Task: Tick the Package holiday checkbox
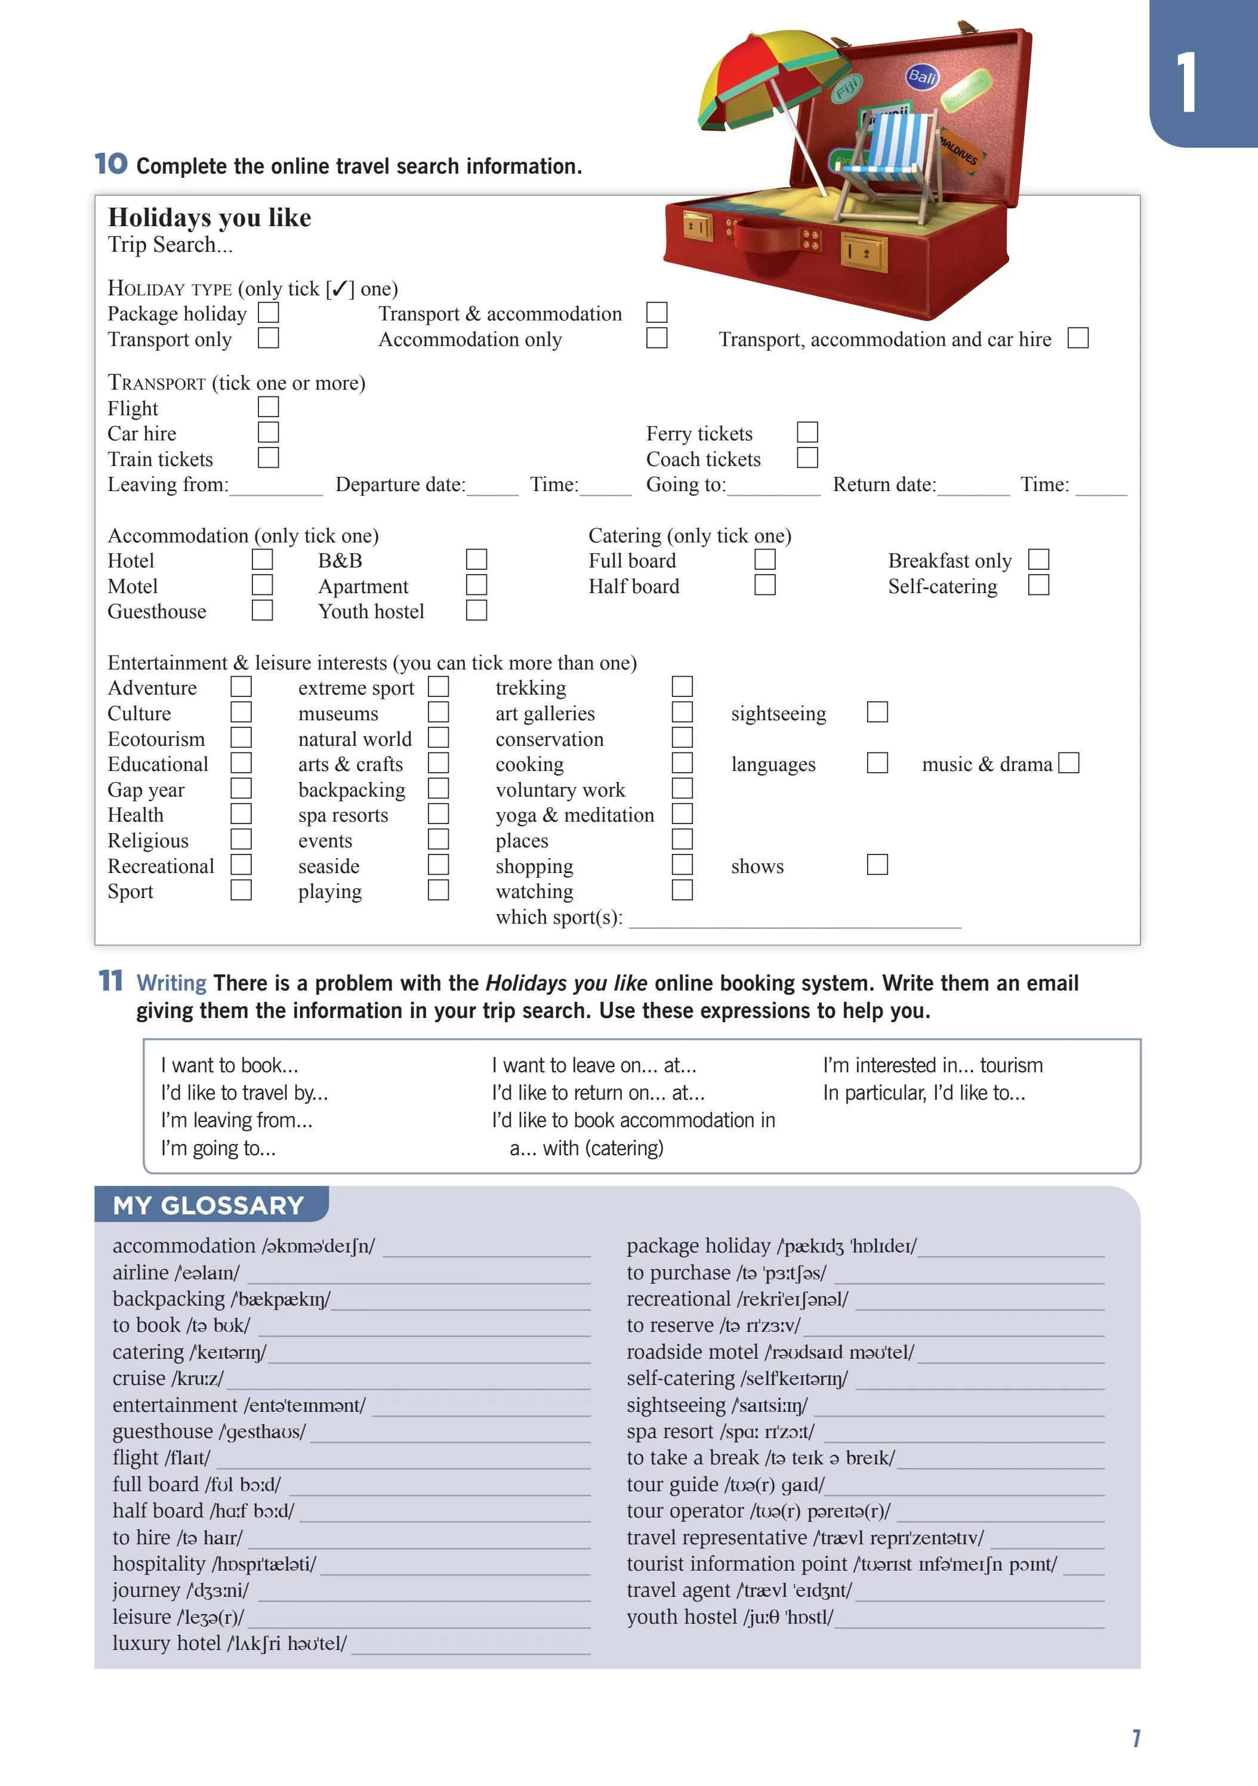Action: [x=269, y=313]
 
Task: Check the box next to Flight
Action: [x=269, y=407]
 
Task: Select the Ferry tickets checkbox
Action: [x=807, y=433]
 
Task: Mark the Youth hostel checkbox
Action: [x=476, y=610]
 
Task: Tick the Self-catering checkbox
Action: [x=1038, y=585]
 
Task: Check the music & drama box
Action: [x=1069, y=763]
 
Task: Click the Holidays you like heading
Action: [x=209, y=218]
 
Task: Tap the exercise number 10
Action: [x=111, y=164]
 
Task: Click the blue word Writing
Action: [x=171, y=983]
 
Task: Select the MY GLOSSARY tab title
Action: [x=208, y=1206]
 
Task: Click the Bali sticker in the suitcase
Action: [x=922, y=76]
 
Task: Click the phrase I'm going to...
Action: [x=218, y=1148]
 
